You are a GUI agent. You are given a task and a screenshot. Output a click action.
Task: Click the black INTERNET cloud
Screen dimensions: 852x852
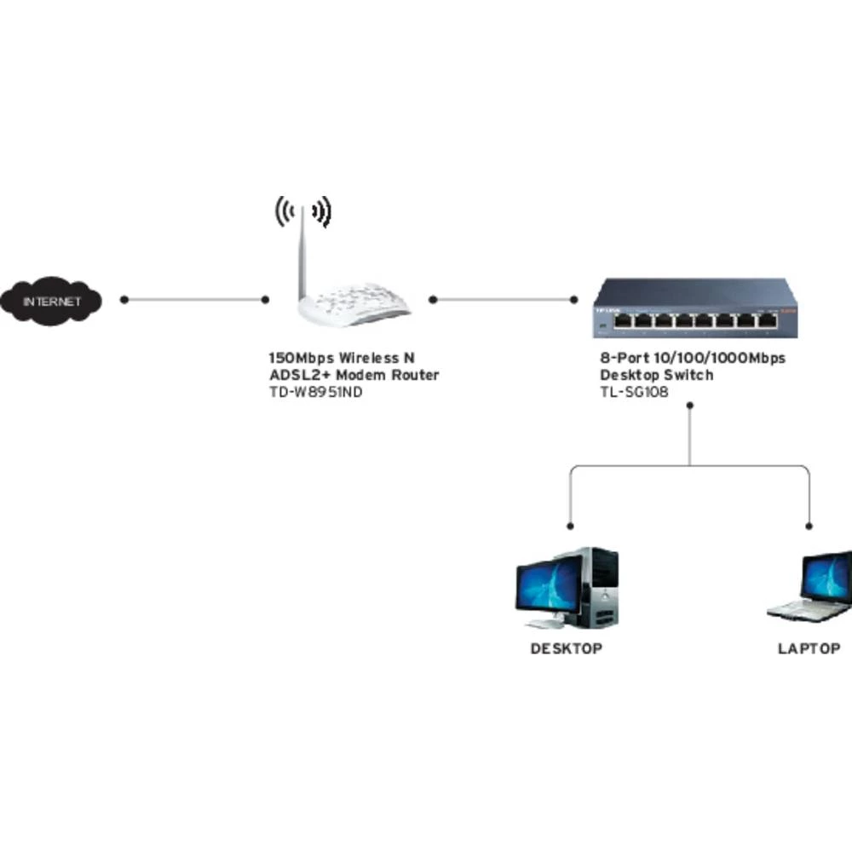[x=51, y=301]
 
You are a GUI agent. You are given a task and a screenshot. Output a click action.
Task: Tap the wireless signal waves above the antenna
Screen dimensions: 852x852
[x=302, y=210]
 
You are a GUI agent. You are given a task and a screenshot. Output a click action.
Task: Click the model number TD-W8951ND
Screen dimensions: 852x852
[x=309, y=393]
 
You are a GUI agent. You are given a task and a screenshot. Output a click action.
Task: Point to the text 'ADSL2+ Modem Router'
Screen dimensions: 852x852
[x=354, y=376]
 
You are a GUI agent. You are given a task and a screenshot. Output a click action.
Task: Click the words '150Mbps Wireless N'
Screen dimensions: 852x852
[x=342, y=358]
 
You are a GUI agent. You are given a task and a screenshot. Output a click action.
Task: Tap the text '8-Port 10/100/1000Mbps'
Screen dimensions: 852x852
[x=693, y=358]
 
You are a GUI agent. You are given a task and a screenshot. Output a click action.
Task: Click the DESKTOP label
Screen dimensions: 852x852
[x=567, y=649]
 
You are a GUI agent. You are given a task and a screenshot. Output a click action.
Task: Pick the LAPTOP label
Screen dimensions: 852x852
[x=809, y=649]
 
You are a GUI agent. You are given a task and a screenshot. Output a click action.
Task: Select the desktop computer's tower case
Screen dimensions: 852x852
[x=600, y=588]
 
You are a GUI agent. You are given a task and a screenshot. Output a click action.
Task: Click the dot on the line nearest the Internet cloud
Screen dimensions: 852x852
[x=124, y=300]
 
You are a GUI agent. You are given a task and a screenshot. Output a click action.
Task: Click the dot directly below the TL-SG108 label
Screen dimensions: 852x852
[x=690, y=406]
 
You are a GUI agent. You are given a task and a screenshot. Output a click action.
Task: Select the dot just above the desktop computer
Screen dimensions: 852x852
[x=571, y=527]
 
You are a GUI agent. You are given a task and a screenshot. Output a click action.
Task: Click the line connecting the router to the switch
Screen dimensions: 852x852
[x=503, y=300]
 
